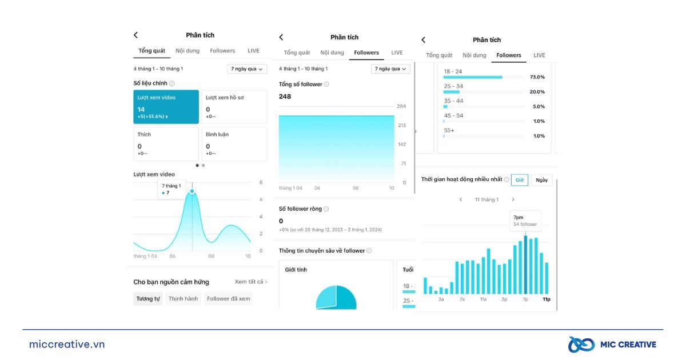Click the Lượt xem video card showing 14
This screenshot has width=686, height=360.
coord(166,106)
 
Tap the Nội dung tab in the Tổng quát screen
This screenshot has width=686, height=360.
coord(188,51)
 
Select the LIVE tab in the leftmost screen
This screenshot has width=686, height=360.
coord(253,51)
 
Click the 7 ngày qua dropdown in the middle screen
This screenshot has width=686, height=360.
coord(391,69)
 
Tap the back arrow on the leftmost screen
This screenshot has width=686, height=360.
coord(135,35)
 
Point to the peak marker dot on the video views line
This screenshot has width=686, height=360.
coord(192,191)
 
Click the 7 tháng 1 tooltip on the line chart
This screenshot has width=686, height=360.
coord(171,189)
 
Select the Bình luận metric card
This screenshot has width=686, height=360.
coord(234,143)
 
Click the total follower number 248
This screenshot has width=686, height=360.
coord(285,97)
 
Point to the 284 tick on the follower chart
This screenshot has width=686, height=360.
coord(401,106)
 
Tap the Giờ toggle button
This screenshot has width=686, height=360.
coord(519,179)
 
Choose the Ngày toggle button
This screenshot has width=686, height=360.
coord(541,179)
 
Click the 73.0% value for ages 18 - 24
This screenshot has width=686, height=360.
coord(537,77)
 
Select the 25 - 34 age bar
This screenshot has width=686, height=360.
coord(452,92)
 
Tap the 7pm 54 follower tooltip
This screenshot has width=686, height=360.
coord(525,221)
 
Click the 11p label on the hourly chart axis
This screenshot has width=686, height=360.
coord(546,299)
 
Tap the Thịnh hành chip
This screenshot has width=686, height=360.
coord(183,298)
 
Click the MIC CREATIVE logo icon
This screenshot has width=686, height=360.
coord(580,345)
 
